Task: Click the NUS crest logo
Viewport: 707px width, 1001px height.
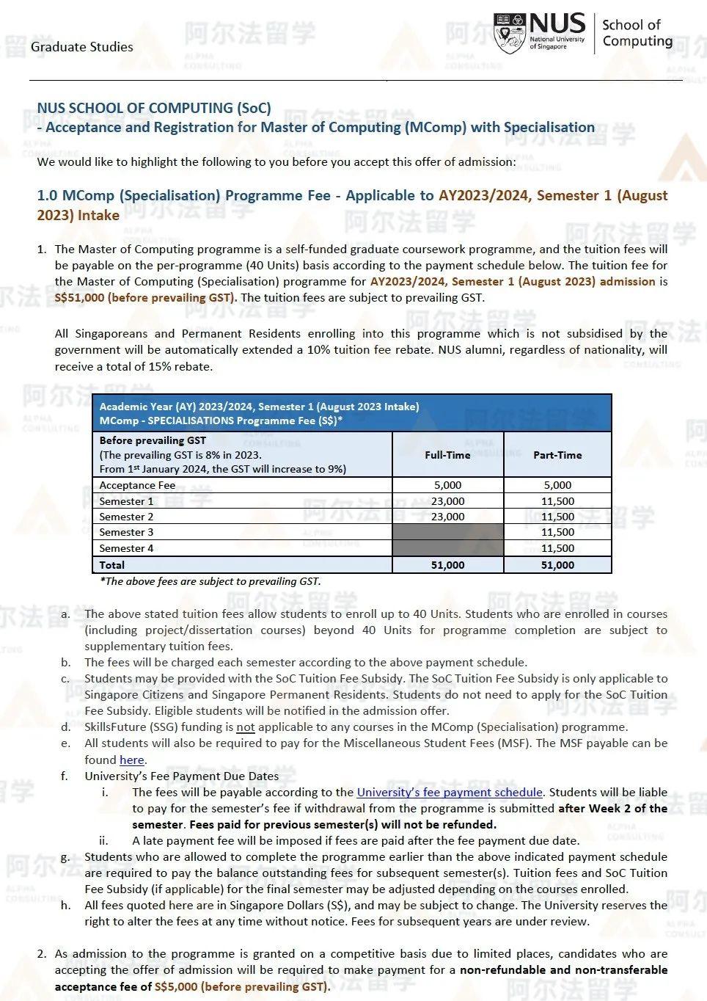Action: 510,33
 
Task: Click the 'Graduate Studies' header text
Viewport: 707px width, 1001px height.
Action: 82,47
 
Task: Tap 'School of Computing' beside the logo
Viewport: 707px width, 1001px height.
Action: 637,33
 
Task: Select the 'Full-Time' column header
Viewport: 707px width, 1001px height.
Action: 447,455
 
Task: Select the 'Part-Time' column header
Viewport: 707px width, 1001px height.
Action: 557,455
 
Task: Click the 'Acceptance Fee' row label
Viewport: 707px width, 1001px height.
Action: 137,485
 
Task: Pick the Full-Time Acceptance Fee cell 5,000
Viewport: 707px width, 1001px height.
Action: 447,485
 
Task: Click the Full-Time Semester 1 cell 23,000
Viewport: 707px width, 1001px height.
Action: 447,501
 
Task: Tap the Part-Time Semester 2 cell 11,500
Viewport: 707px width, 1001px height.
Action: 557,517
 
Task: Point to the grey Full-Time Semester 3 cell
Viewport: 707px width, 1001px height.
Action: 447,532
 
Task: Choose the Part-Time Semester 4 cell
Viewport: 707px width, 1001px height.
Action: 557,548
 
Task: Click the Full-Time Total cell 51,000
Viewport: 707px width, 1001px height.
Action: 447,565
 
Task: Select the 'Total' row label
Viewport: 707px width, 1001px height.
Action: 112,565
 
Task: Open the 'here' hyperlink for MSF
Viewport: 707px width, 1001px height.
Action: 131,760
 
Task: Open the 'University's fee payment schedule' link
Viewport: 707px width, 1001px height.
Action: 450,793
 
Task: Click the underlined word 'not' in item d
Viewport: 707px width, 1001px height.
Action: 246,727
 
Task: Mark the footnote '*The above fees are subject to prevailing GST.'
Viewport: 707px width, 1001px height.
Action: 210,581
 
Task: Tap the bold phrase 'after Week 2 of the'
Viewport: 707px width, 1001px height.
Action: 612,809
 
